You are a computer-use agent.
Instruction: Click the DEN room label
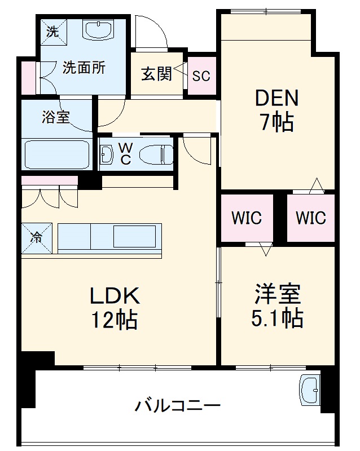click(276, 98)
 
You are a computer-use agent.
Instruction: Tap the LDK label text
click(115, 295)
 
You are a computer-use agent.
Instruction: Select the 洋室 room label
click(276, 294)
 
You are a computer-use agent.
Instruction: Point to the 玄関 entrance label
click(156, 74)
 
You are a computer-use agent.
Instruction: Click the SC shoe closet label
click(201, 76)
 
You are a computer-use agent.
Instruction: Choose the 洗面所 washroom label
click(84, 68)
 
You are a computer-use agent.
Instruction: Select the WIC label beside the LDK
click(247, 217)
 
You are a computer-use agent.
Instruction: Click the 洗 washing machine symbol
click(52, 32)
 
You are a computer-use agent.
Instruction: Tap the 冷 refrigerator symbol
click(37, 237)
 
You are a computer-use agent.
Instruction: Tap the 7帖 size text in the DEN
click(276, 122)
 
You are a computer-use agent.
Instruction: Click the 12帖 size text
click(115, 320)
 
